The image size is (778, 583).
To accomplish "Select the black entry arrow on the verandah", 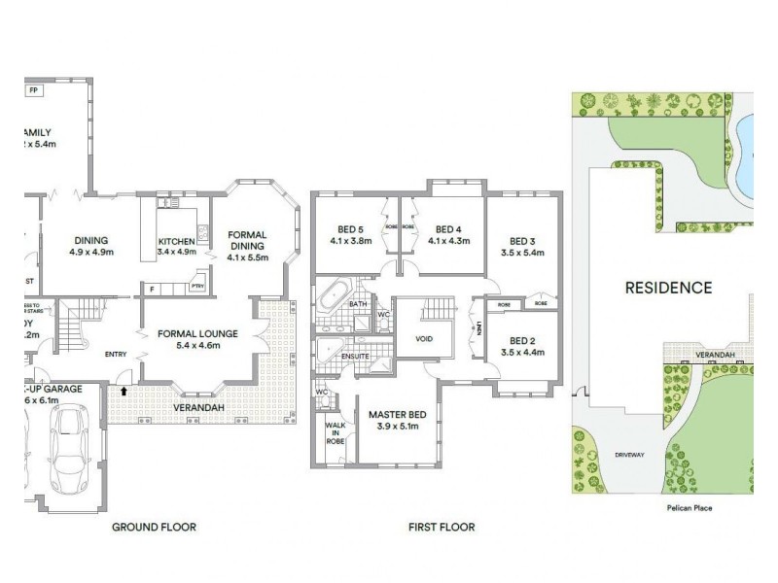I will pos(124,392).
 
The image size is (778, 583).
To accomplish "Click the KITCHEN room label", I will pos(177,242).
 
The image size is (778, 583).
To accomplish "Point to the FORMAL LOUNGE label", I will pos(197,333).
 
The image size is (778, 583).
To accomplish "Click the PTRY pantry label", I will pos(197,286).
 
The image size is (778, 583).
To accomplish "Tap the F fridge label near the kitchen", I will pos(151,288).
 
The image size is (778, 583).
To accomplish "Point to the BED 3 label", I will pos(522,241).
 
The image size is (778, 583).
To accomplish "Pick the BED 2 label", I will pos(522,342).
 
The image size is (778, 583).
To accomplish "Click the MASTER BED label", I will pos(395,416).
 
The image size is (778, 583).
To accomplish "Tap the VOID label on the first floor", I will pos(424,339).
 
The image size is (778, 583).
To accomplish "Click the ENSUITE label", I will pos(354,357).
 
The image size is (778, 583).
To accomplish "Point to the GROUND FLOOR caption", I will pos(154,528).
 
